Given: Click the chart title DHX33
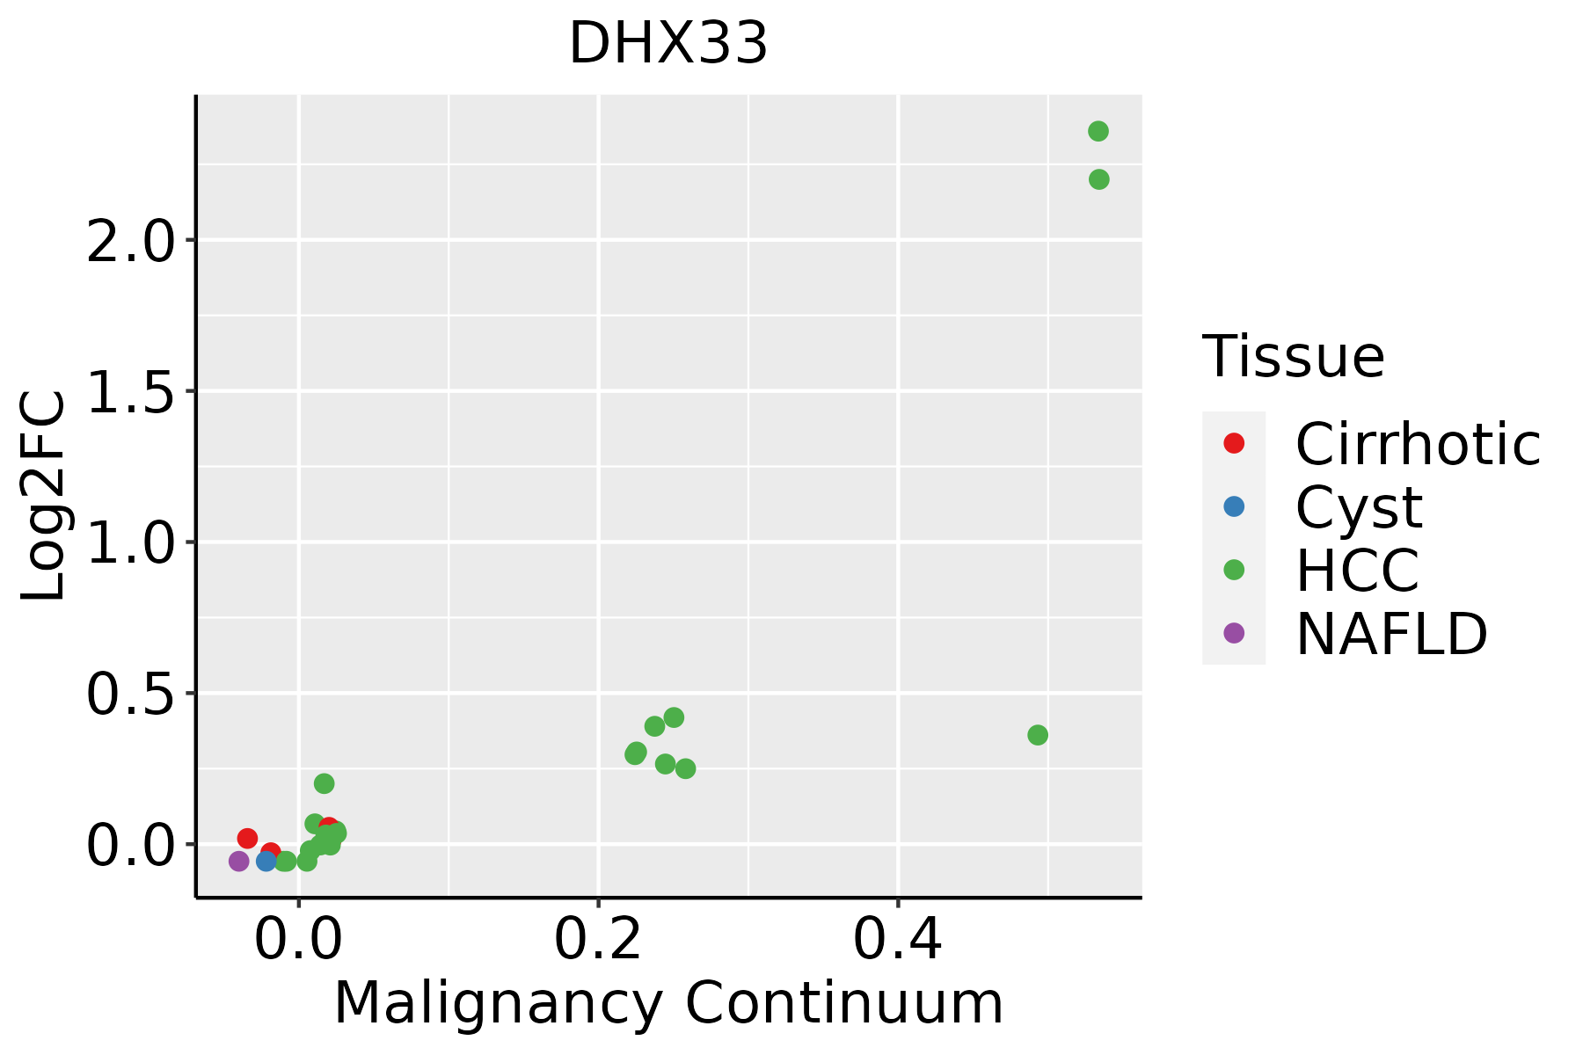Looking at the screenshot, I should coord(668,44).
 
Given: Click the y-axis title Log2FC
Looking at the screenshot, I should coord(44,496).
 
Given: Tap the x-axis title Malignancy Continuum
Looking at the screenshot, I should coord(668,1003).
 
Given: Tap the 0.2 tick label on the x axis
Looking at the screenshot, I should coord(598,939).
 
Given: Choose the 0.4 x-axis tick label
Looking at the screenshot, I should coord(898,939).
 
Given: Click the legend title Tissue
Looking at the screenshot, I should coord(1294,357).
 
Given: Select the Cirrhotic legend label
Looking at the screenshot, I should coord(1418,444).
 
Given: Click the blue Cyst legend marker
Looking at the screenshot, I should coord(1234,506).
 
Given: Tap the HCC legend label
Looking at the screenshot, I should coord(1357,570).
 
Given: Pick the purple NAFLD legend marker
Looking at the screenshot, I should coord(1234,632).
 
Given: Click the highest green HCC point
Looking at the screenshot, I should coord(1098,131).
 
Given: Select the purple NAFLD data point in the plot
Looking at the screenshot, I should coord(238,862).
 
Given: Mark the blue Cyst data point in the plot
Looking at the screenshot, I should coord(266,862).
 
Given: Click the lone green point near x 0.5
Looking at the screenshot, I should coord(1038,735).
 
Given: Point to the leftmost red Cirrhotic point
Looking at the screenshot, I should coord(247,838).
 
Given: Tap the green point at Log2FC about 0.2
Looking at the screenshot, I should coord(325,783).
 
